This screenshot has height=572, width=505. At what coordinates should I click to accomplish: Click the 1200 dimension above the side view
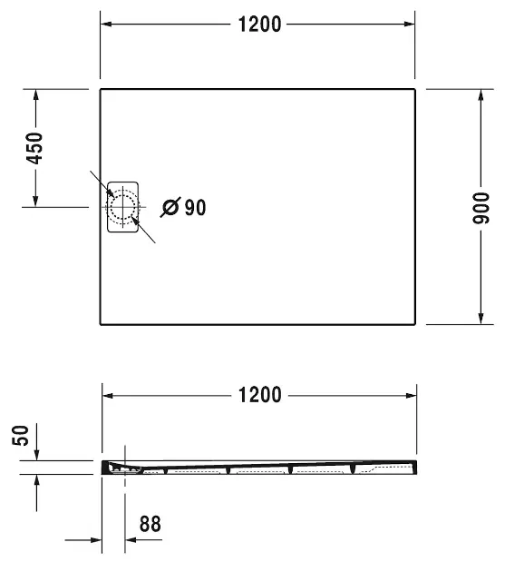[260, 395]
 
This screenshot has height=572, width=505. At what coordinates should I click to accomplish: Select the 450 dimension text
[34, 147]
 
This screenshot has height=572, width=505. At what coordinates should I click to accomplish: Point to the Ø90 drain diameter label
[184, 208]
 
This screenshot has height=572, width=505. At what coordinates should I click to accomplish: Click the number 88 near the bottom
[151, 523]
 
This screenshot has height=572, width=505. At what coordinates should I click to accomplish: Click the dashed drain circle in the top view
[121, 207]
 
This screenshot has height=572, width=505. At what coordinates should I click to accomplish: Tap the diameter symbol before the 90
[170, 208]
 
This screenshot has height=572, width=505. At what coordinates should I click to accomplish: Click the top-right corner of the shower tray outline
[415, 90]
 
